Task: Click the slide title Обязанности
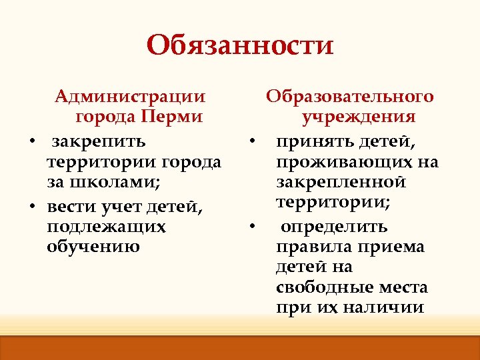[240, 45]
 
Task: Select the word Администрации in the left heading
[131, 97]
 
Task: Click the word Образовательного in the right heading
[351, 97]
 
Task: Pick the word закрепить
[99, 142]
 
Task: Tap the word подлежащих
[106, 227]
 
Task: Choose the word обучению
[94, 247]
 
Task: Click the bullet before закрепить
[31, 142]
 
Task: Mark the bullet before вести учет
[31, 206]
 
